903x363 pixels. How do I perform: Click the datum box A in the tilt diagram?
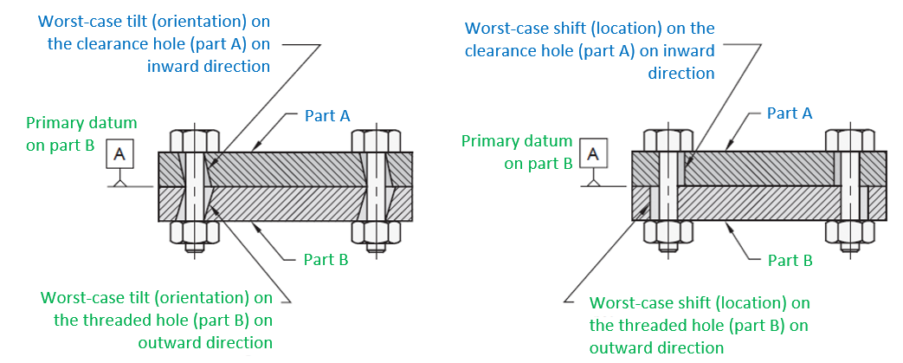point(120,155)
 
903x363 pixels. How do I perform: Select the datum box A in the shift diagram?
point(593,155)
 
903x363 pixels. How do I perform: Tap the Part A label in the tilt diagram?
point(327,115)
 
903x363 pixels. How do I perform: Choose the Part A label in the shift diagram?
point(790,113)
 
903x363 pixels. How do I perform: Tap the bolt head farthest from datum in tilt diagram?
point(376,140)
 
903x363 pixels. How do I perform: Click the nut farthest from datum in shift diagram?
point(848,232)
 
